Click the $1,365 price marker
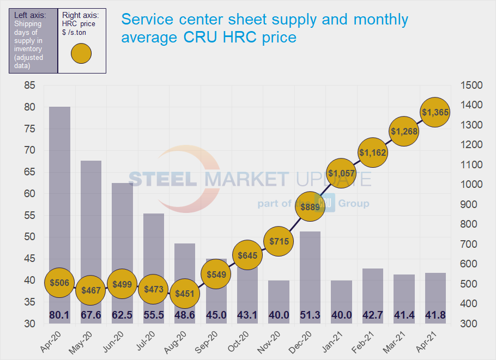coord(435,112)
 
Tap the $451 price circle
coord(185,294)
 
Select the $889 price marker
coord(310,206)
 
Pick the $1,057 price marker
coord(341,174)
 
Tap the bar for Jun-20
coord(122,229)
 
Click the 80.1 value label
coord(59,315)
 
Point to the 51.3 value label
coord(310,315)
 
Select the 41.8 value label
coord(435,315)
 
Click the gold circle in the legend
coord(81,53)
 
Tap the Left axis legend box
coord(32,41)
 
